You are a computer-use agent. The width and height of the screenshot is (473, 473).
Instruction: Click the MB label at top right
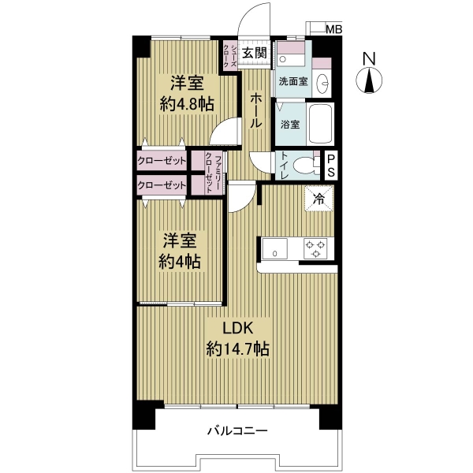[x=335, y=31]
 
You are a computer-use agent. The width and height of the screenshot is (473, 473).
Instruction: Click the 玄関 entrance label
[x=254, y=54]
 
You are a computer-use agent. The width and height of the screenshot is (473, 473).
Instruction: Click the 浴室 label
[x=289, y=125]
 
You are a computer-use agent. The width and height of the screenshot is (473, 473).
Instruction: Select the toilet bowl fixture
[x=301, y=166]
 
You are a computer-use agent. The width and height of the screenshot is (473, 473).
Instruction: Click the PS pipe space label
[x=332, y=166]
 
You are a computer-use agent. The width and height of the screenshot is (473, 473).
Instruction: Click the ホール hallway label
[x=256, y=111]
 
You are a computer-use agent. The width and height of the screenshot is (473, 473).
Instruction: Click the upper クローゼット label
[x=162, y=161]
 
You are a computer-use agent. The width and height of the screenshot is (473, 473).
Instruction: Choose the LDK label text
[x=237, y=326]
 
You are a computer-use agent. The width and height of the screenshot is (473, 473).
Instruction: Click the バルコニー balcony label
[x=237, y=431]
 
